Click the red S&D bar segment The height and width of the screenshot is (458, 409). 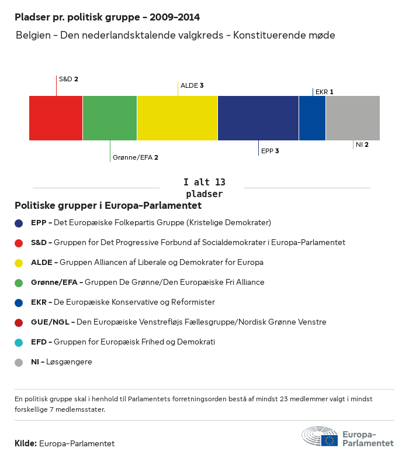click(56, 118)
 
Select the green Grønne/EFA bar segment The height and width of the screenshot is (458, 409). click(110, 118)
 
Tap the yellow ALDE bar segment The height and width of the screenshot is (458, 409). click(177, 118)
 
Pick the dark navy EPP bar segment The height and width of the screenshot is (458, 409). click(258, 118)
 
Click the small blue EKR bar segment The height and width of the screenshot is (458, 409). click(312, 118)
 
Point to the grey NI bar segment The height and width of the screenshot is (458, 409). click(352, 118)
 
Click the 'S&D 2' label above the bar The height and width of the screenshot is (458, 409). click(68, 78)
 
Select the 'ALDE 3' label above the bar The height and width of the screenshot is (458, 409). click(192, 85)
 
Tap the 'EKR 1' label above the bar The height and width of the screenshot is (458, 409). click(324, 92)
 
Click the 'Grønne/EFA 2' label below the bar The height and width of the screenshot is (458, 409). click(136, 157)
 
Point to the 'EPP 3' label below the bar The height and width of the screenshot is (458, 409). click(270, 151)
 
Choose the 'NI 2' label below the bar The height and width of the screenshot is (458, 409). click(362, 144)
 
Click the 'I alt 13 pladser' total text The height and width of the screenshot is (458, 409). click(204, 188)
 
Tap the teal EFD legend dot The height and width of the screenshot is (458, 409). click(19, 342)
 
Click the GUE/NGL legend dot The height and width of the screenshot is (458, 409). click(19, 322)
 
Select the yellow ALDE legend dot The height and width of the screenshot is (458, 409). click(19, 263)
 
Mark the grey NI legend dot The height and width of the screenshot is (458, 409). click(19, 362)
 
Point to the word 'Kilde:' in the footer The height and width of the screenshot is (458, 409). click(26, 443)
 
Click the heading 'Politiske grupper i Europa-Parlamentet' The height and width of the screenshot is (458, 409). click(108, 206)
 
